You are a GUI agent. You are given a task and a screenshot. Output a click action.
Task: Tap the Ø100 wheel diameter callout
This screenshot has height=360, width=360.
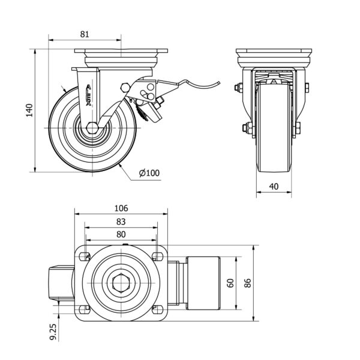point(149,173)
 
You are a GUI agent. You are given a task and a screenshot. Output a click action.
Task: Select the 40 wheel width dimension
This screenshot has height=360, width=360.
point(273,186)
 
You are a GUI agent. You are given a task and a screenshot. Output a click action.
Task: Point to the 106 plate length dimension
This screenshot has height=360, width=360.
point(121,208)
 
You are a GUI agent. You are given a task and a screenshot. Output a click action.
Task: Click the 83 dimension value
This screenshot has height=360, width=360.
point(121,221)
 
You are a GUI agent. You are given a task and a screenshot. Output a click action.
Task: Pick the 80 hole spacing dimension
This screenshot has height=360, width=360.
point(121,234)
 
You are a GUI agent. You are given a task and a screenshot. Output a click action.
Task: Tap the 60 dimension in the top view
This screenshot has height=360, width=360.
point(230,283)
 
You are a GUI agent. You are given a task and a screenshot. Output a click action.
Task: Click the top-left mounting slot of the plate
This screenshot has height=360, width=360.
point(83,257)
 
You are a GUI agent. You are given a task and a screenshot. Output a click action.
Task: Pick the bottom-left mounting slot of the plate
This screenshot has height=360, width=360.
point(83,309)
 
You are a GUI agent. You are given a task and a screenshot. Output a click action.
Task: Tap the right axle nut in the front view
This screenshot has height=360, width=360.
point(297,127)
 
